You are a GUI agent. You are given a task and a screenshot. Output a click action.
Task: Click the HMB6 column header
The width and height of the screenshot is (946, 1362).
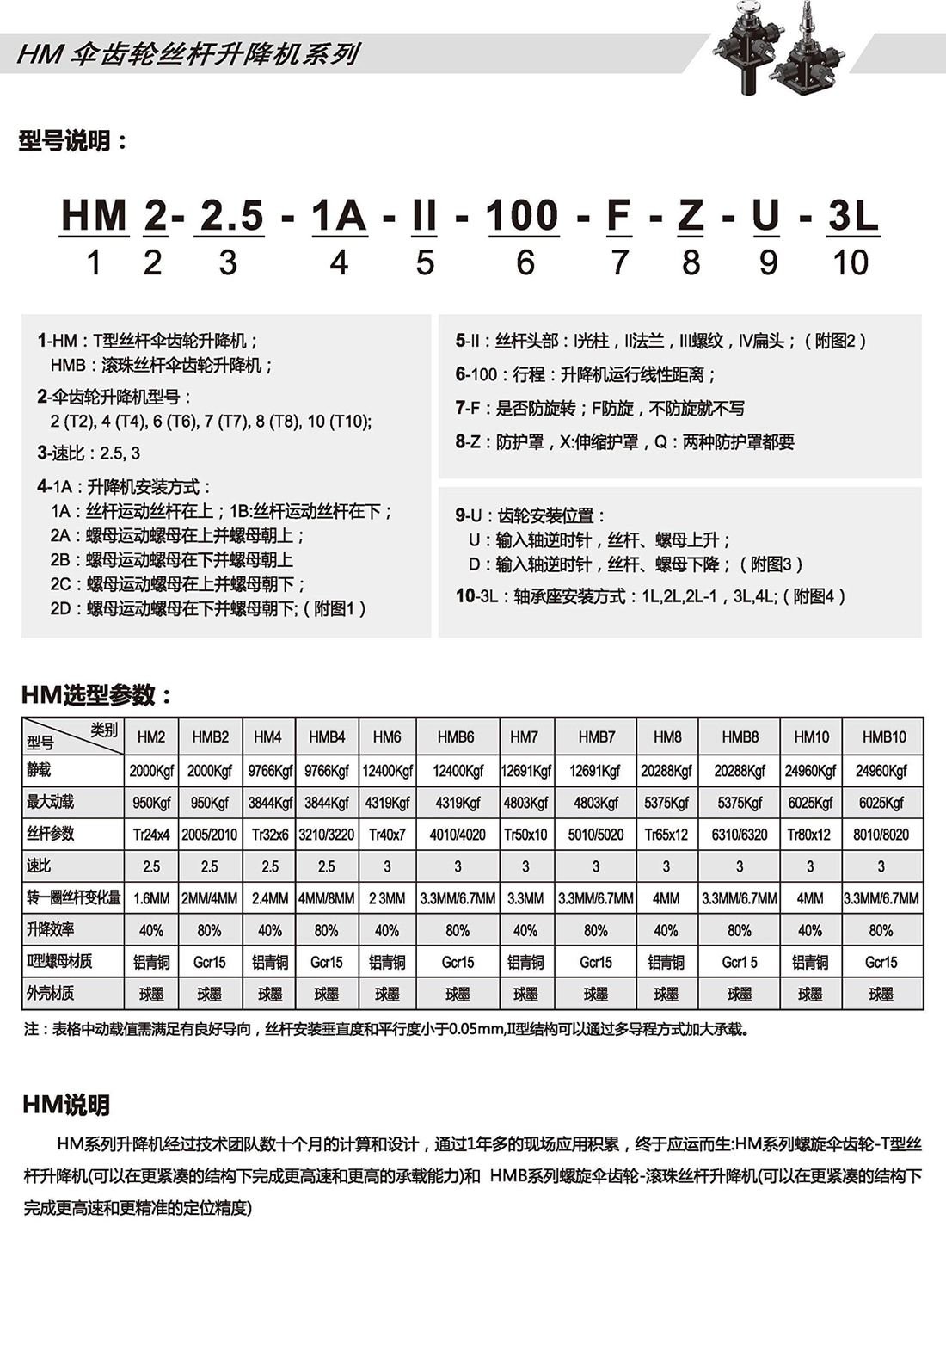click(x=456, y=736)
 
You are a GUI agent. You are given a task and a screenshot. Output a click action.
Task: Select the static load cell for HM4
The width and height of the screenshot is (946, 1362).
click(x=270, y=771)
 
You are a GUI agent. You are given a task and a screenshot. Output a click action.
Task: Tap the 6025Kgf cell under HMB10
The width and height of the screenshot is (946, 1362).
click(x=881, y=803)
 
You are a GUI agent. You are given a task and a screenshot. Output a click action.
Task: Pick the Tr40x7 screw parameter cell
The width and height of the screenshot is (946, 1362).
click(x=387, y=834)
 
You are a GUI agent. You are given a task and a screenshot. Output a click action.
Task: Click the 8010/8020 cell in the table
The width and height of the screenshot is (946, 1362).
click(x=881, y=834)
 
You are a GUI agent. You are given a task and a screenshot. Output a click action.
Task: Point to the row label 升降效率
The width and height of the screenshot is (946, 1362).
click(x=51, y=929)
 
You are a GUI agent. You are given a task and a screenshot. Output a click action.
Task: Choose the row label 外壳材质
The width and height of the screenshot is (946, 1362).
click(x=51, y=993)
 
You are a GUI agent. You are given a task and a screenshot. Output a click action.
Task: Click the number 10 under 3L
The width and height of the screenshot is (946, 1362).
click(x=850, y=262)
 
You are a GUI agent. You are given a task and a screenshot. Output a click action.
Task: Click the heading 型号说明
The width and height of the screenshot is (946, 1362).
click(x=72, y=140)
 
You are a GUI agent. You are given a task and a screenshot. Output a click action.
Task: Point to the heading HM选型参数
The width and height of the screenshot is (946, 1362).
click(x=96, y=694)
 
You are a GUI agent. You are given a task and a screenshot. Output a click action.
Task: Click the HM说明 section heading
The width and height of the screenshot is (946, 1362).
click(x=66, y=1105)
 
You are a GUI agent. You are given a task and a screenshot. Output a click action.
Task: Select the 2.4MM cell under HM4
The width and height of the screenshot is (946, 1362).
click(x=270, y=898)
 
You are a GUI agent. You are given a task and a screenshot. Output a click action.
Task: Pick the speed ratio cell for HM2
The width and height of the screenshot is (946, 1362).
click(x=151, y=866)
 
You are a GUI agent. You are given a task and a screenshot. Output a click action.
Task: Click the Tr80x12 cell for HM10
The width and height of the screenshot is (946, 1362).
click(x=810, y=834)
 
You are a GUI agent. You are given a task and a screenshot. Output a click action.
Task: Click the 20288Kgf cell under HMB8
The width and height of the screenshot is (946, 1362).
click(x=740, y=771)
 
